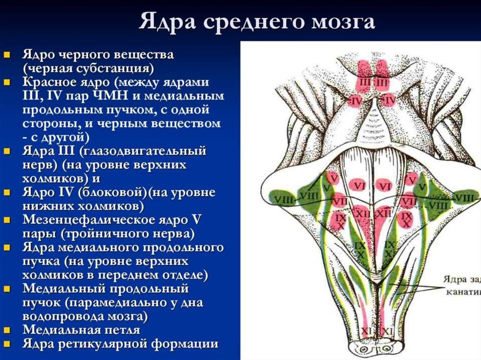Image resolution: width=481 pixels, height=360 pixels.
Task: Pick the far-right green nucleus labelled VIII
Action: [464, 199]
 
